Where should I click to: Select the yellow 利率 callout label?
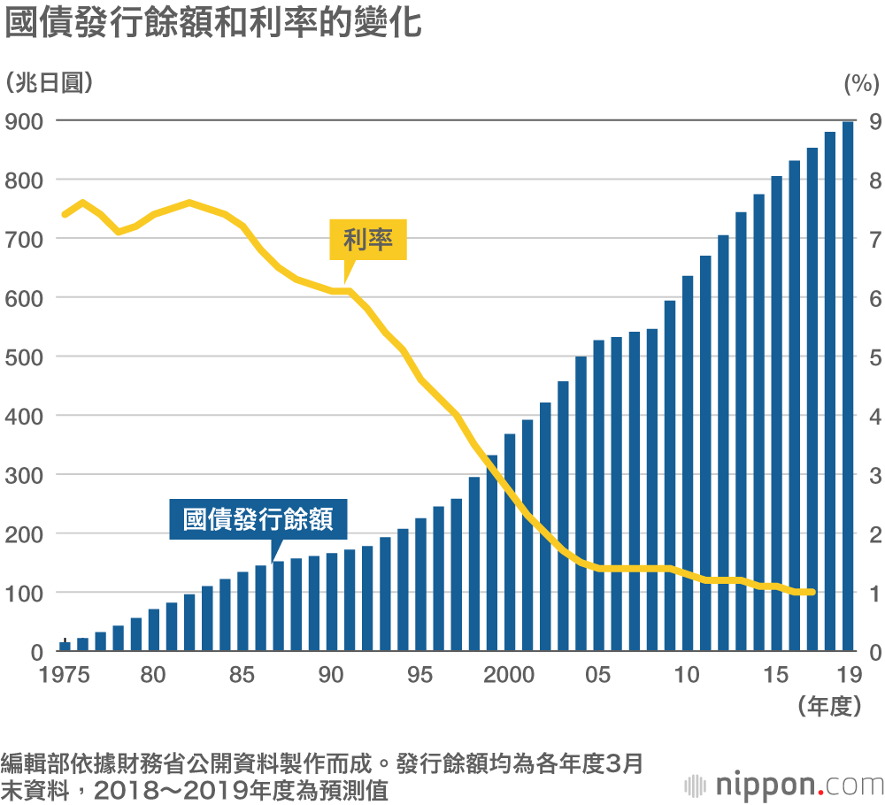[368, 239]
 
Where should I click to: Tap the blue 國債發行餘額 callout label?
[258, 520]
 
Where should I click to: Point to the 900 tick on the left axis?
[25, 121]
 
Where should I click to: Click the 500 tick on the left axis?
[25, 356]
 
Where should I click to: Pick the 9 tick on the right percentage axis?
[873, 121]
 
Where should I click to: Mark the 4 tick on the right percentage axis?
[873, 416]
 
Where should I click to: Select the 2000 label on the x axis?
[510, 676]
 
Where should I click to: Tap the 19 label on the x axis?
[849, 676]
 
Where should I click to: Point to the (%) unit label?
[858, 82]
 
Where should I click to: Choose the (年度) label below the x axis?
[829, 705]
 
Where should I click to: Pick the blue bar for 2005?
[598, 495]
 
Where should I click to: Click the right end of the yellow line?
[812, 592]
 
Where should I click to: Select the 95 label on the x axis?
[420, 676]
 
